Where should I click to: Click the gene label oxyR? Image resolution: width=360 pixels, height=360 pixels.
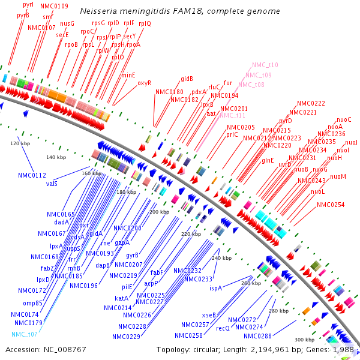coord(144,83)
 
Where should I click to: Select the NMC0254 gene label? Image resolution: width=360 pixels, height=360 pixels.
coord(331,205)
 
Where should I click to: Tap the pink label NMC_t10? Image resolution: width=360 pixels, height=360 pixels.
coord(265,65)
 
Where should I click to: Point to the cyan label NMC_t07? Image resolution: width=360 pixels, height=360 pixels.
coord(24,334)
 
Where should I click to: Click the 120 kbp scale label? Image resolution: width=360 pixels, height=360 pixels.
coord(20,144)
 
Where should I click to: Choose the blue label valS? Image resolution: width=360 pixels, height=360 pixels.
coord(52,184)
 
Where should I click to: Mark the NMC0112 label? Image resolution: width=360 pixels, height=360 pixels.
coord(32,175)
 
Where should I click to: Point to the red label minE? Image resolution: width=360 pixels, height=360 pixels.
coord(128,75)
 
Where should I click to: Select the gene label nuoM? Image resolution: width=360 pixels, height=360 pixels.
coord(338,176)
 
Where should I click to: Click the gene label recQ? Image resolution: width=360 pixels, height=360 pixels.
coord(223,328)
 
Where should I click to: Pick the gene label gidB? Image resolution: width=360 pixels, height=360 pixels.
coord(187,79)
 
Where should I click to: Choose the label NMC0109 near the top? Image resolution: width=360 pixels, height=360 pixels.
coord(54,6)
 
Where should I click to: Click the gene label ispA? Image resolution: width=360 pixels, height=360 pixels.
coord(215,288)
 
